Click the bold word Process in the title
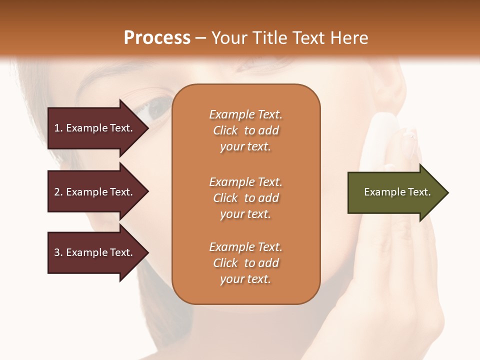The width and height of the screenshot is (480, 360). (157, 37)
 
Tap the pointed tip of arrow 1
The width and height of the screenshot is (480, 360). (147, 128)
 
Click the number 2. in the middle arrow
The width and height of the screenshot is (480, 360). (58, 192)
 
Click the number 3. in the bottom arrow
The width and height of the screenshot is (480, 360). (58, 252)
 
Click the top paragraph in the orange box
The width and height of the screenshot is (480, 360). (245, 130)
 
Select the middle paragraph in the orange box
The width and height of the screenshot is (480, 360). (245, 198)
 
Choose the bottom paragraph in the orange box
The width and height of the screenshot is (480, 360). (245, 263)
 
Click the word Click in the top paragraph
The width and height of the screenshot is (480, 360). (225, 130)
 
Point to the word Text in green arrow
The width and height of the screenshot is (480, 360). (419, 192)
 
